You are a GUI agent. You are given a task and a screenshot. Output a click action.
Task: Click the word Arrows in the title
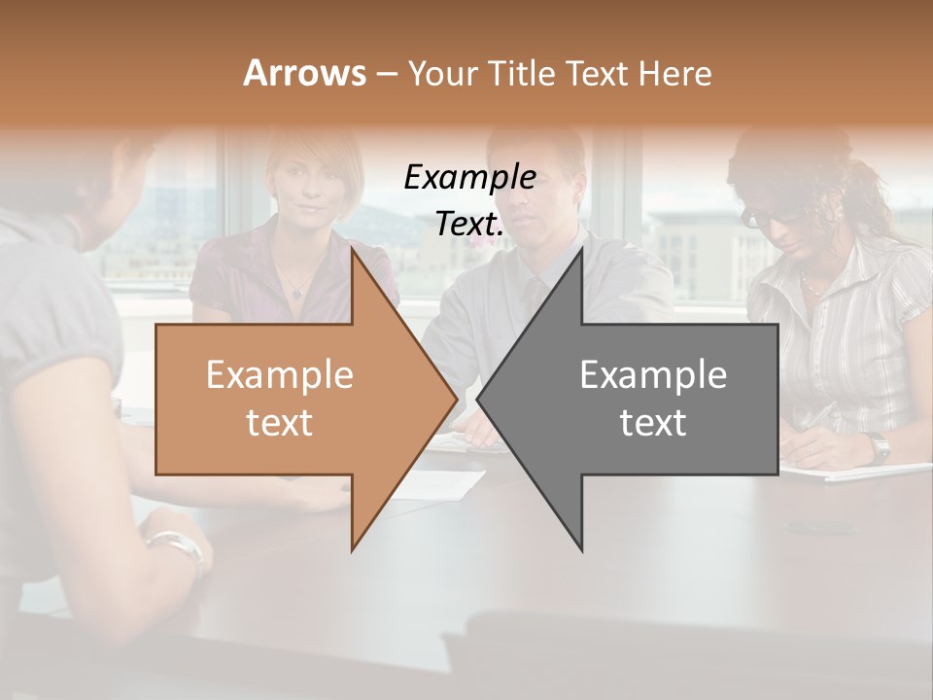coord(304,73)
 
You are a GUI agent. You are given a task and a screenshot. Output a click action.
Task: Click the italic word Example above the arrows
coord(469,177)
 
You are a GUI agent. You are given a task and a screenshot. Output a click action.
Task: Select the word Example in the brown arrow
coord(279,375)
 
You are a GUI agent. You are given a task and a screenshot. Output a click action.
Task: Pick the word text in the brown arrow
coord(279,423)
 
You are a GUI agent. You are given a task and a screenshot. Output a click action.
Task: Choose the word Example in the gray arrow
coord(653,375)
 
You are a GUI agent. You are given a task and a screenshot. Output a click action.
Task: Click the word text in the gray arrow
coord(653,423)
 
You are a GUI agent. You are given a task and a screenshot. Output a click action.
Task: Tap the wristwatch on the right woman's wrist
coord(880,447)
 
